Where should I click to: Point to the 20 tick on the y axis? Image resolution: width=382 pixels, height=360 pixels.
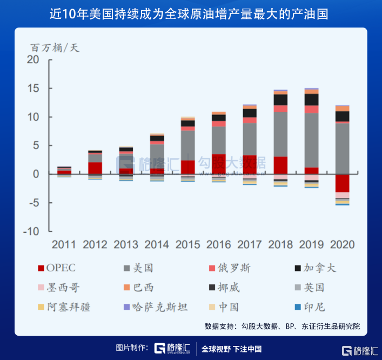(x=33, y=60)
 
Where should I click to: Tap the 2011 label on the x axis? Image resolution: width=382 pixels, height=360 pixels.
(x=64, y=244)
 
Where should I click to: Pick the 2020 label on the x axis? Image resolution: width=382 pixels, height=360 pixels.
(x=342, y=244)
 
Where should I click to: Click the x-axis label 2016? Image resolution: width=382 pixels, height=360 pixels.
(x=218, y=244)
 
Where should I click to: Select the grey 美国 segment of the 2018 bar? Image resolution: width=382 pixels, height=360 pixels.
(x=280, y=134)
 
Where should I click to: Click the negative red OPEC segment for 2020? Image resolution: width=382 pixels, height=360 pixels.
(x=342, y=183)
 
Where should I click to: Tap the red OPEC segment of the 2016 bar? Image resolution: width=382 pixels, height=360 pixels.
(x=219, y=164)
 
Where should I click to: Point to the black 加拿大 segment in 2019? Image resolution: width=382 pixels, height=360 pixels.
(x=311, y=99)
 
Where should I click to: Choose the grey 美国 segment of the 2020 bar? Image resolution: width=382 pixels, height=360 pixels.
(x=342, y=148)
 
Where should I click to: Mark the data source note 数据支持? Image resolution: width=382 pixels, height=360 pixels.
(x=282, y=326)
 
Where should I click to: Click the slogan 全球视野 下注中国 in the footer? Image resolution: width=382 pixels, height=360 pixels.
(x=231, y=349)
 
